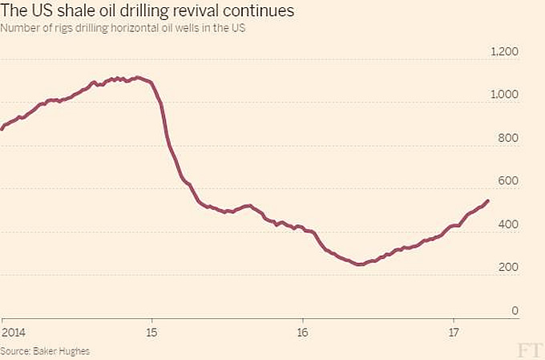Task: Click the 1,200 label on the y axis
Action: tap(504, 52)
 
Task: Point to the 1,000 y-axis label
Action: tap(504, 95)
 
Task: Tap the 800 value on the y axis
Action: tap(509, 139)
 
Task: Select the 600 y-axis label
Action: tap(509, 182)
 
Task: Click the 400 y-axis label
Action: tap(509, 225)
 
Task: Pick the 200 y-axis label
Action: tap(509, 269)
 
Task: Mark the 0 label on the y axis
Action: tap(515, 311)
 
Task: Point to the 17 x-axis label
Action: tap(454, 332)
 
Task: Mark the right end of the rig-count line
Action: tap(488, 200)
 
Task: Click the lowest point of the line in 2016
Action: tap(359, 264)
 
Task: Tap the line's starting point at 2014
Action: tap(2, 128)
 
